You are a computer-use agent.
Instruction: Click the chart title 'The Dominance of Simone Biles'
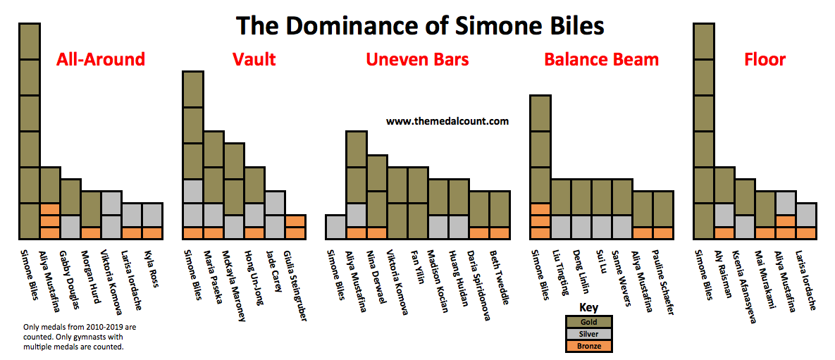point(420,25)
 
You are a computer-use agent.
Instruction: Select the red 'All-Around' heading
point(101,59)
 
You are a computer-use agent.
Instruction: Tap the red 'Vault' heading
point(254,59)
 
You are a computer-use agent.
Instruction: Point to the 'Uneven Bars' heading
point(417,59)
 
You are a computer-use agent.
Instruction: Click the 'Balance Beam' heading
point(601,59)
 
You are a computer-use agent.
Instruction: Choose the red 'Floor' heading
point(765,59)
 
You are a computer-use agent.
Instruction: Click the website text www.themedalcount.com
point(447,121)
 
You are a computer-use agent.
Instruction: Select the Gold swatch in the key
point(588,322)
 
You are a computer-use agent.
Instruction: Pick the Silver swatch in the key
point(588,334)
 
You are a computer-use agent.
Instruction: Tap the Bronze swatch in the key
point(588,346)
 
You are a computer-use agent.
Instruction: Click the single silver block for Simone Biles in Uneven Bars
point(335,227)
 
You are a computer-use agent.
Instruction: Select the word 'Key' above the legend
point(588,308)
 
